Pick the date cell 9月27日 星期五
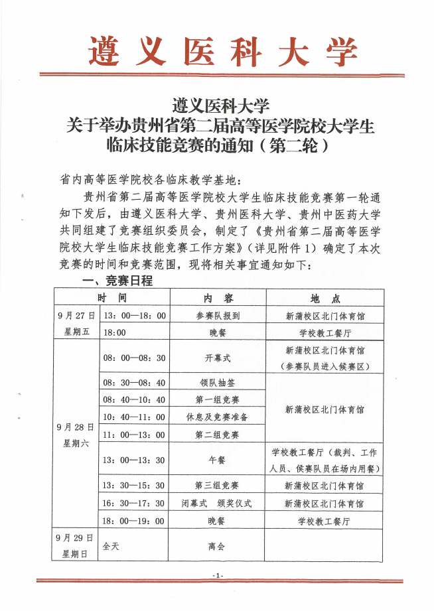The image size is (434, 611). click(x=76, y=324)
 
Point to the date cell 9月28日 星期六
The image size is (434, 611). click(x=76, y=435)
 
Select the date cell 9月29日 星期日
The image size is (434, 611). click(x=76, y=545)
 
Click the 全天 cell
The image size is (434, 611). click(x=111, y=545)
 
